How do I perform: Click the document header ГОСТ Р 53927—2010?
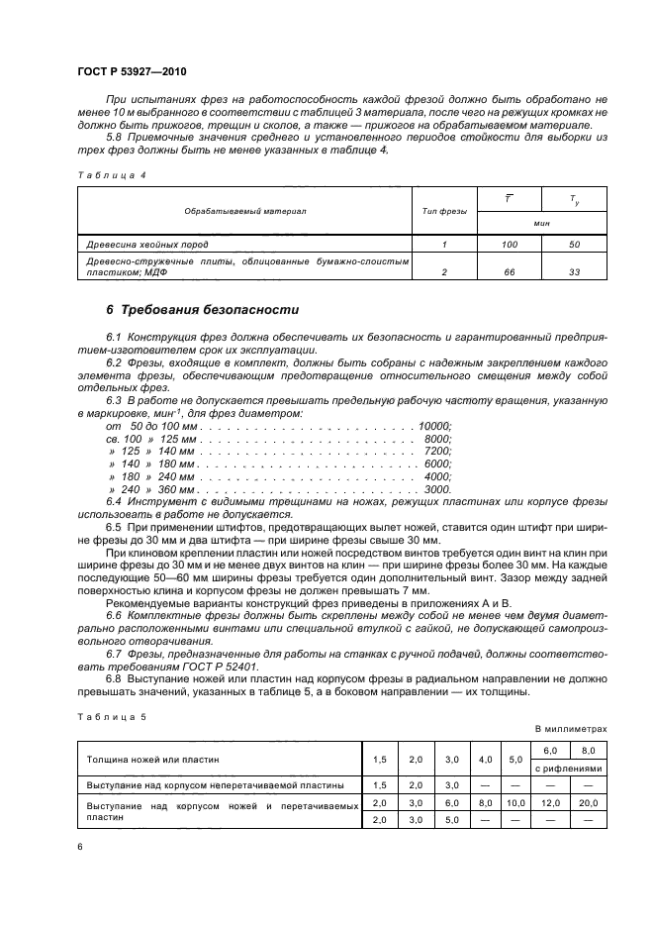pyautogui.click(x=131, y=74)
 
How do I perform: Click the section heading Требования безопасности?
pyautogui.click(x=202, y=310)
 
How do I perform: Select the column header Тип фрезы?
pyautogui.click(x=444, y=211)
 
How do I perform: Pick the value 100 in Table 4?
pyautogui.click(x=510, y=243)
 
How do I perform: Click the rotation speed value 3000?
pyautogui.click(x=437, y=489)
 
